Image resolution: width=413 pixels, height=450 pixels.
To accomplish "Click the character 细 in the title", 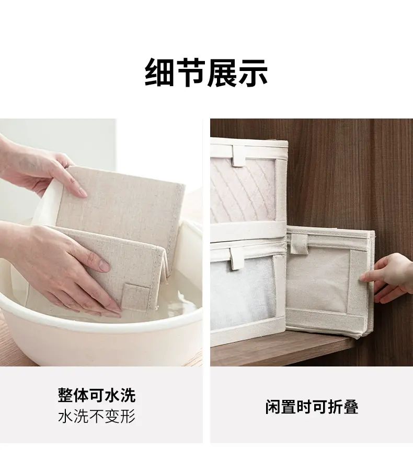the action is (x=159, y=73).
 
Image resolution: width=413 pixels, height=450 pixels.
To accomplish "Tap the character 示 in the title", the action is (x=253, y=73).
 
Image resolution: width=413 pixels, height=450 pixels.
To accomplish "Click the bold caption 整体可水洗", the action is (x=97, y=396).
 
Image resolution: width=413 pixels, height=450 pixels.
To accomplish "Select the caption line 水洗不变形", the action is (x=97, y=417).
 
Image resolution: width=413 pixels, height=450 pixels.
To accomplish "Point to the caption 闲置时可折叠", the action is (x=312, y=406).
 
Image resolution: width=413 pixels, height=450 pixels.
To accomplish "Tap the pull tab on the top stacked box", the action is (x=239, y=157).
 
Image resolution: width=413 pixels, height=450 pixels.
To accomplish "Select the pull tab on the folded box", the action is (x=299, y=244).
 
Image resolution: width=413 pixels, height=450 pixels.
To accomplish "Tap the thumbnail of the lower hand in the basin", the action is (x=104, y=266).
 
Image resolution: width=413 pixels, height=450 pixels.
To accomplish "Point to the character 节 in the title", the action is (x=190, y=73).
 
